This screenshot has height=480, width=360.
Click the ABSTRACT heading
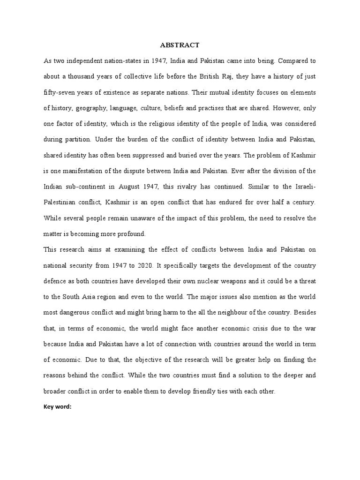pyautogui.click(x=180, y=45)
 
